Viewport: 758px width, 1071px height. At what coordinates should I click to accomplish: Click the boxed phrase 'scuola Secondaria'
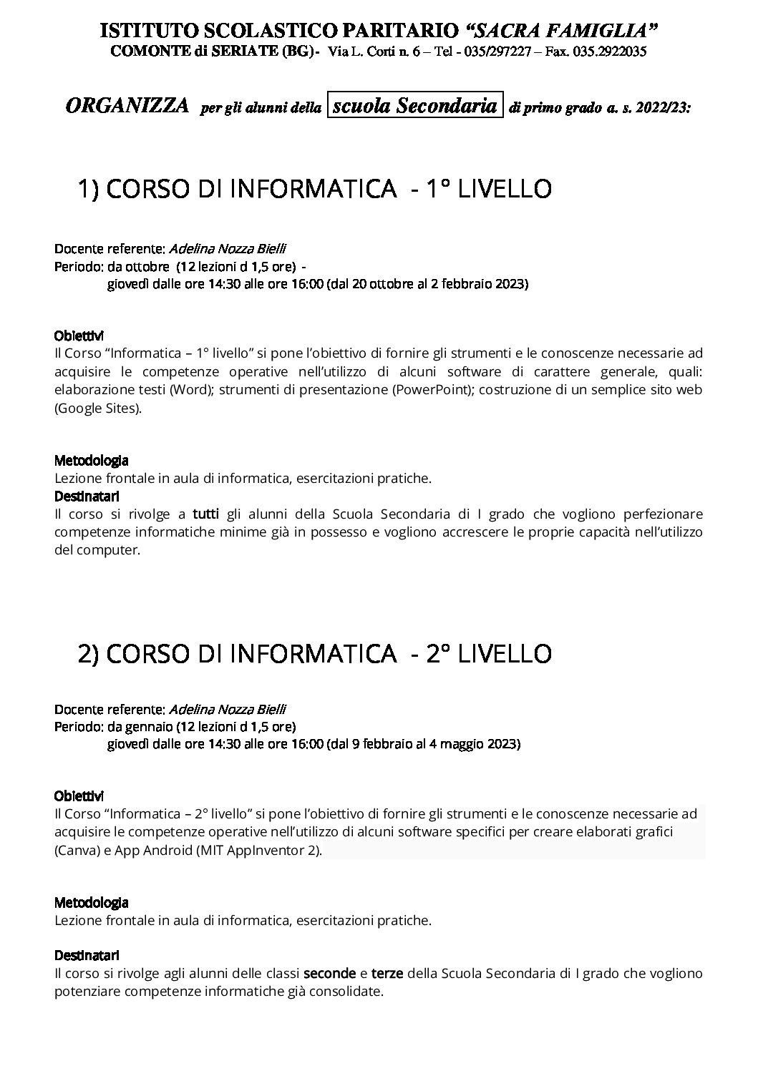pyautogui.click(x=415, y=106)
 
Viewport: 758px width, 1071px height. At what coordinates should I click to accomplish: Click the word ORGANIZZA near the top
pyautogui.click(x=127, y=107)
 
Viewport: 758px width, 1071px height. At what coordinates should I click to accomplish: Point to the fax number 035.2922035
pyautogui.click(x=611, y=52)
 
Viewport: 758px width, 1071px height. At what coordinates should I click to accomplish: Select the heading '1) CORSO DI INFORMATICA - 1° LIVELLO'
pyautogui.click(x=314, y=189)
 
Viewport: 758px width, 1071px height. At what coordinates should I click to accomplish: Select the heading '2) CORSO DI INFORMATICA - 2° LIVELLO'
pyautogui.click(x=314, y=653)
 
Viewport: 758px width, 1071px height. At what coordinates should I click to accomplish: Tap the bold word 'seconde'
pyautogui.click(x=329, y=974)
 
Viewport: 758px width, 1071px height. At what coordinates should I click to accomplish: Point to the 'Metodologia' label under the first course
pyautogui.click(x=91, y=461)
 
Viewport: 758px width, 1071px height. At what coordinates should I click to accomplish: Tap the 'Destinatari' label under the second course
pyautogui.click(x=87, y=955)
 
